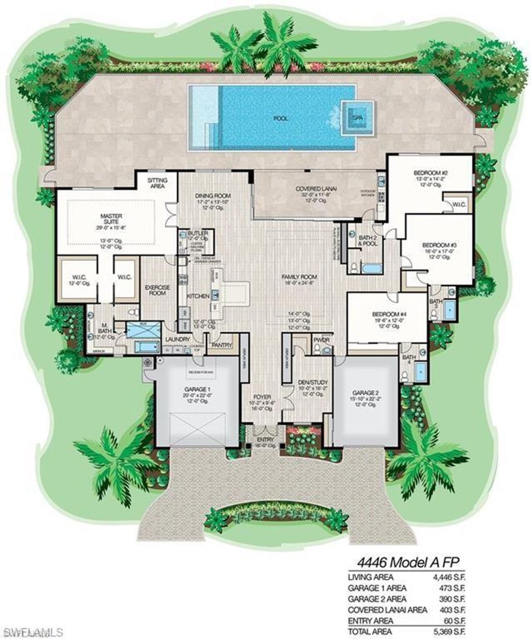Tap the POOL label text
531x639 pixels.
pyautogui.click(x=281, y=118)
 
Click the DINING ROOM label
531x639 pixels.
pyautogui.click(x=212, y=195)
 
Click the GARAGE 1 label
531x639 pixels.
pyautogui.click(x=197, y=389)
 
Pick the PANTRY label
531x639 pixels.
pyautogui.click(x=221, y=344)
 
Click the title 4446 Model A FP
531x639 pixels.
pyautogui.click(x=410, y=562)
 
